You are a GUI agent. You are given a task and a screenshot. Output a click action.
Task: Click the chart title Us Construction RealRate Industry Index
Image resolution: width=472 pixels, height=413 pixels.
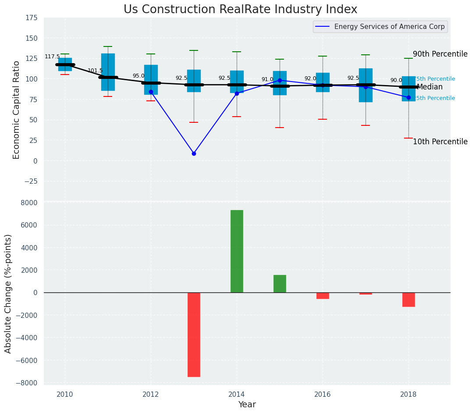pyautogui.click(x=240, y=10)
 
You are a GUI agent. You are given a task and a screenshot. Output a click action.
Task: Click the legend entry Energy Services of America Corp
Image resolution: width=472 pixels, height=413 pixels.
pyautogui.click(x=389, y=27)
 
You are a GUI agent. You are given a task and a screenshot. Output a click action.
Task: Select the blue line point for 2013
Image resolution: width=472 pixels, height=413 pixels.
pyautogui.click(x=194, y=153)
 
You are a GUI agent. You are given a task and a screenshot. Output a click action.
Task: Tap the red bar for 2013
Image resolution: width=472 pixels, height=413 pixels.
pyautogui.click(x=194, y=335)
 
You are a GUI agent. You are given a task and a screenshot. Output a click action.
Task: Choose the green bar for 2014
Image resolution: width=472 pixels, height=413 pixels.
pyautogui.click(x=237, y=251)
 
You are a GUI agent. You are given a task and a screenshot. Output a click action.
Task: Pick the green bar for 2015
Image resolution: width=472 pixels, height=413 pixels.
pyautogui.click(x=280, y=284)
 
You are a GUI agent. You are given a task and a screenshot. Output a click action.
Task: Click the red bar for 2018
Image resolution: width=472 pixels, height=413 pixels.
pyautogui.click(x=408, y=299)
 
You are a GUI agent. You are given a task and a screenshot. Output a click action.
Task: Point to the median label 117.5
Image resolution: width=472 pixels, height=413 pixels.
pyautogui.click(x=52, y=57)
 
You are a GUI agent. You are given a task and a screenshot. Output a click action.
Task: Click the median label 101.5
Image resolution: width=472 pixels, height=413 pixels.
pyautogui.click(x=95, y=71)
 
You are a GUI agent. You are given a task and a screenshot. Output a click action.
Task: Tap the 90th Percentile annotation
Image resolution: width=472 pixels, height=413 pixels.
pyautogui.click(x=440, y=54)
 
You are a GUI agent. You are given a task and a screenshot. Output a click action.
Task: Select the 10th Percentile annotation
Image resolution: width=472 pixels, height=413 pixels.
pyautogui.click(x=440, y=142)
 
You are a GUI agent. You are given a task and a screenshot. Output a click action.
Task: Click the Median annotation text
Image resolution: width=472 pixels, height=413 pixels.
pyautogui.click(x=429, y=87)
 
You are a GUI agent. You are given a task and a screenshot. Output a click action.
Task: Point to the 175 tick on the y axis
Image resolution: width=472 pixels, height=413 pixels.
pyautogui.click(x=32, y=18)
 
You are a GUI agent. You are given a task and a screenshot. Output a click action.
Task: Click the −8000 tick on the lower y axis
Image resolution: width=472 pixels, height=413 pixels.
pyautogui.click(x=27, y=383)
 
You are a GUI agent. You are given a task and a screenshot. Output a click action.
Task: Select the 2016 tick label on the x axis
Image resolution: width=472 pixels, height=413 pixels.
pyautogui.click(x=323, y=395)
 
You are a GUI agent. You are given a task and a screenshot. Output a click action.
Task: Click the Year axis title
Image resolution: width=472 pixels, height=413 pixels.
pyautogui.click(x=247, y=405)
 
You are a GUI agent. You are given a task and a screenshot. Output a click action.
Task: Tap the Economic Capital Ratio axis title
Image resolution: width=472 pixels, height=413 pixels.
pyautogui.click(x=16, y=110)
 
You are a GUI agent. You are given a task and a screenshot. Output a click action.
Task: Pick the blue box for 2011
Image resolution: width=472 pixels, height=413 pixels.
pyautogui.click(x=108, y=72)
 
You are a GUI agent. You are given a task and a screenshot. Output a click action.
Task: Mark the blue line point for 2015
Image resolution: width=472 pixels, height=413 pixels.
pyautogui.click(x=280, y=80)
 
